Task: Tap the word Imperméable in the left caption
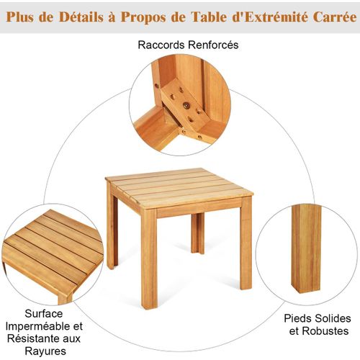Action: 37,327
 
